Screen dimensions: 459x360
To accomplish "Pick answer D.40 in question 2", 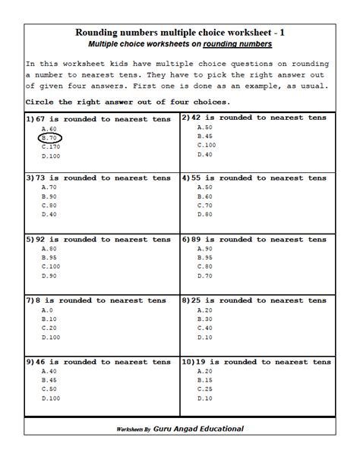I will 205,154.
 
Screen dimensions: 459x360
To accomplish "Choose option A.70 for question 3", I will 49,187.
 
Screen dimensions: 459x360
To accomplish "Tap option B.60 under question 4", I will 205,196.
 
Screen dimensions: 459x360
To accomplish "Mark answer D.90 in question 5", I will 49,275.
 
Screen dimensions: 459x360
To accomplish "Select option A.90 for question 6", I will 205,248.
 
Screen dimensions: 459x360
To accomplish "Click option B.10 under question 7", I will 49,319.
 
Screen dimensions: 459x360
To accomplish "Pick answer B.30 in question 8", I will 205,319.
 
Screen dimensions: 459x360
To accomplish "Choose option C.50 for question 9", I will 49,388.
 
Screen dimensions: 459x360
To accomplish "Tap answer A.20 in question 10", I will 205,371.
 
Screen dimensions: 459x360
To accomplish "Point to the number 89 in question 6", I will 199,239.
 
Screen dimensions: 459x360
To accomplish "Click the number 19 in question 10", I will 203,363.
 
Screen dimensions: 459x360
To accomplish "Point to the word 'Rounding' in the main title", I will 101,33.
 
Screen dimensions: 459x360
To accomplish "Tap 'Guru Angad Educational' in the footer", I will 197,429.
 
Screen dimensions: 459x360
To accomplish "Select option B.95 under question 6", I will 205,257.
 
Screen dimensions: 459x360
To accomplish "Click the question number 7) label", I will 30,300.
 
